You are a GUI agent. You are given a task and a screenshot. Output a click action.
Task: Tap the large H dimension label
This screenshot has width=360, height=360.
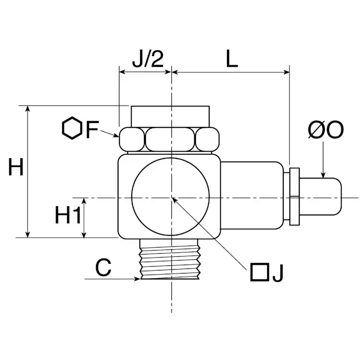pos(16,168)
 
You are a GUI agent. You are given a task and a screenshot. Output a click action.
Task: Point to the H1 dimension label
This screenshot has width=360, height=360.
pos(68,216)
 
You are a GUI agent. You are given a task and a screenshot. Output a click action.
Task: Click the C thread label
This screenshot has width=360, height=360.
pos(103,268)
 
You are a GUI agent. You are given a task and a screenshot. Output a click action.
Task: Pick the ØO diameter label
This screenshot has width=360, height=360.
pos(325,130)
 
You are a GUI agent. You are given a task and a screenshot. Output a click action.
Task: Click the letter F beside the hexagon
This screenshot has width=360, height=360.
pos(92,130)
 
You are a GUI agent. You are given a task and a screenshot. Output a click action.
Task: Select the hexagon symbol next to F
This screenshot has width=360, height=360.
pos(72,129)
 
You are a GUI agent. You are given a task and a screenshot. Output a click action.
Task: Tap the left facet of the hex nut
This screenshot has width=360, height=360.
pos(132,139)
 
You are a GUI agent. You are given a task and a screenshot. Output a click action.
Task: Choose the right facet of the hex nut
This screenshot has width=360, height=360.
pos(208,139)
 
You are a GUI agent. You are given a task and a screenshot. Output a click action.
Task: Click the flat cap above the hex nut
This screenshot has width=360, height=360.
pos(170,116)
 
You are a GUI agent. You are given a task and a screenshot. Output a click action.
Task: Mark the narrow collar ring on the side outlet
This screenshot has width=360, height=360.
pos(294,196)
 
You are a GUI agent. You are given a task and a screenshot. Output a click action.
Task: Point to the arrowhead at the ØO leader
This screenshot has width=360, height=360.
pos(322,175)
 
